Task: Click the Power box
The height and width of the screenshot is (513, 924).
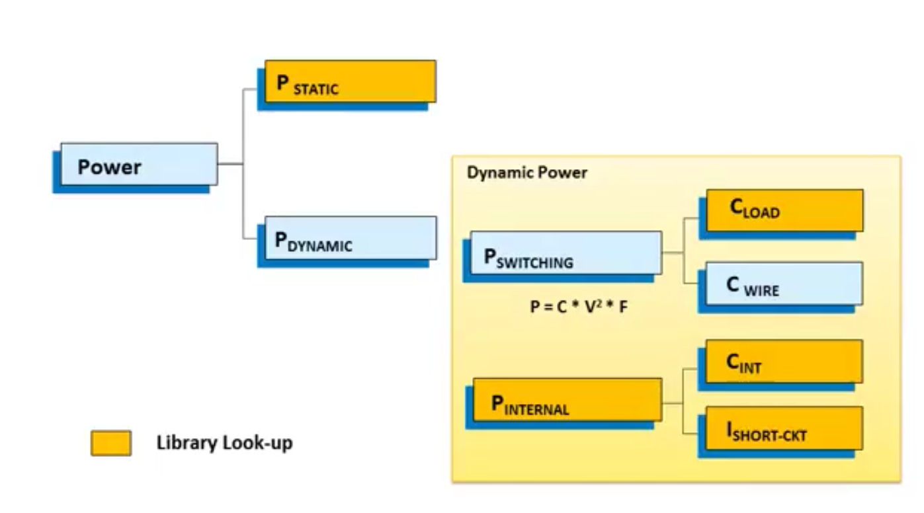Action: [x=139, y=164]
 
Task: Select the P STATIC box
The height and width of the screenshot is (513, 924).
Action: [x=350, y=81]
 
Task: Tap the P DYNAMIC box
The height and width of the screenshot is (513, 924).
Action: [x=350, y=238]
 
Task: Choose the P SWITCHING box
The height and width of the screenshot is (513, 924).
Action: [x=566, y=253]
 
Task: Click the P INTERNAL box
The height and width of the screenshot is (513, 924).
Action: [x=567, y=399]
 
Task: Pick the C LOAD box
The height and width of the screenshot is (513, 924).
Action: [x=784, y=210]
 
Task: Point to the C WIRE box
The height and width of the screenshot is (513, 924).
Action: [x=784, y=284]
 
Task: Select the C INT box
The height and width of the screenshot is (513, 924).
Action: [x=784, y=361]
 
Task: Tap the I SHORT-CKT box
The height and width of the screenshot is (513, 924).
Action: [x=784, y=428]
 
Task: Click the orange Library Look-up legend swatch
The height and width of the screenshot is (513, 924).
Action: [x=111, y=444]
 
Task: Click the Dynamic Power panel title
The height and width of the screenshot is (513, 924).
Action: [x=526, y=173]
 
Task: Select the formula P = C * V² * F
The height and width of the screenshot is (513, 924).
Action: [x=579, y=306]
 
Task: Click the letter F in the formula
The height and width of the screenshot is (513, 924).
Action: [x=623, y=306]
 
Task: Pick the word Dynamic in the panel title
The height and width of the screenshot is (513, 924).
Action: [x=496, y=173]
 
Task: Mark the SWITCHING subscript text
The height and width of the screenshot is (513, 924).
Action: [x=534, y=263]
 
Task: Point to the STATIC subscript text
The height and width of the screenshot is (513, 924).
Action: [x=316, y=89]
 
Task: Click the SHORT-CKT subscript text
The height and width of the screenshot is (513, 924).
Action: [x=769, y=436]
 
